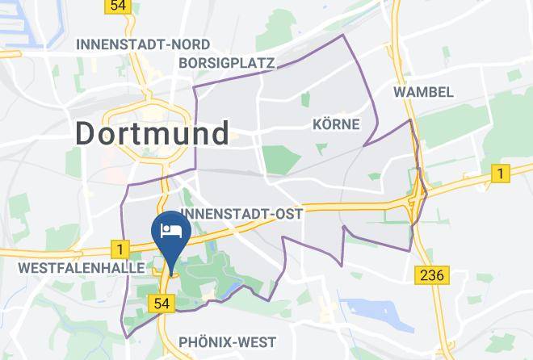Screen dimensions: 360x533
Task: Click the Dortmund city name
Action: (x=153, y=133)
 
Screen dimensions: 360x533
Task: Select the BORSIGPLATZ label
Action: (x=228, y=62)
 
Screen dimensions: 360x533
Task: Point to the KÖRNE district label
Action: (x=335, y=123)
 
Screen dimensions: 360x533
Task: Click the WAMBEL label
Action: (x=423, y=92)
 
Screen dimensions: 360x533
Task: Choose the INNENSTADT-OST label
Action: (x=242, y=214)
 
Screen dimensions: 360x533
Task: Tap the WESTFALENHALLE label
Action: (x=70, y=266)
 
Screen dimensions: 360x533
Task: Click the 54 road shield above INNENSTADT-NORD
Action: (x=118, y=5)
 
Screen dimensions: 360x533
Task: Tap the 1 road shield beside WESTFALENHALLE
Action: (x=121, y=250)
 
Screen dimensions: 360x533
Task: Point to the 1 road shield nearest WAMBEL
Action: (x=501, y=173)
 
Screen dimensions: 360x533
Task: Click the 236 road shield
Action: (x=432, y=275)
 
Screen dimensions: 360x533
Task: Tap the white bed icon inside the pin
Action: (x=170, y=230)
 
